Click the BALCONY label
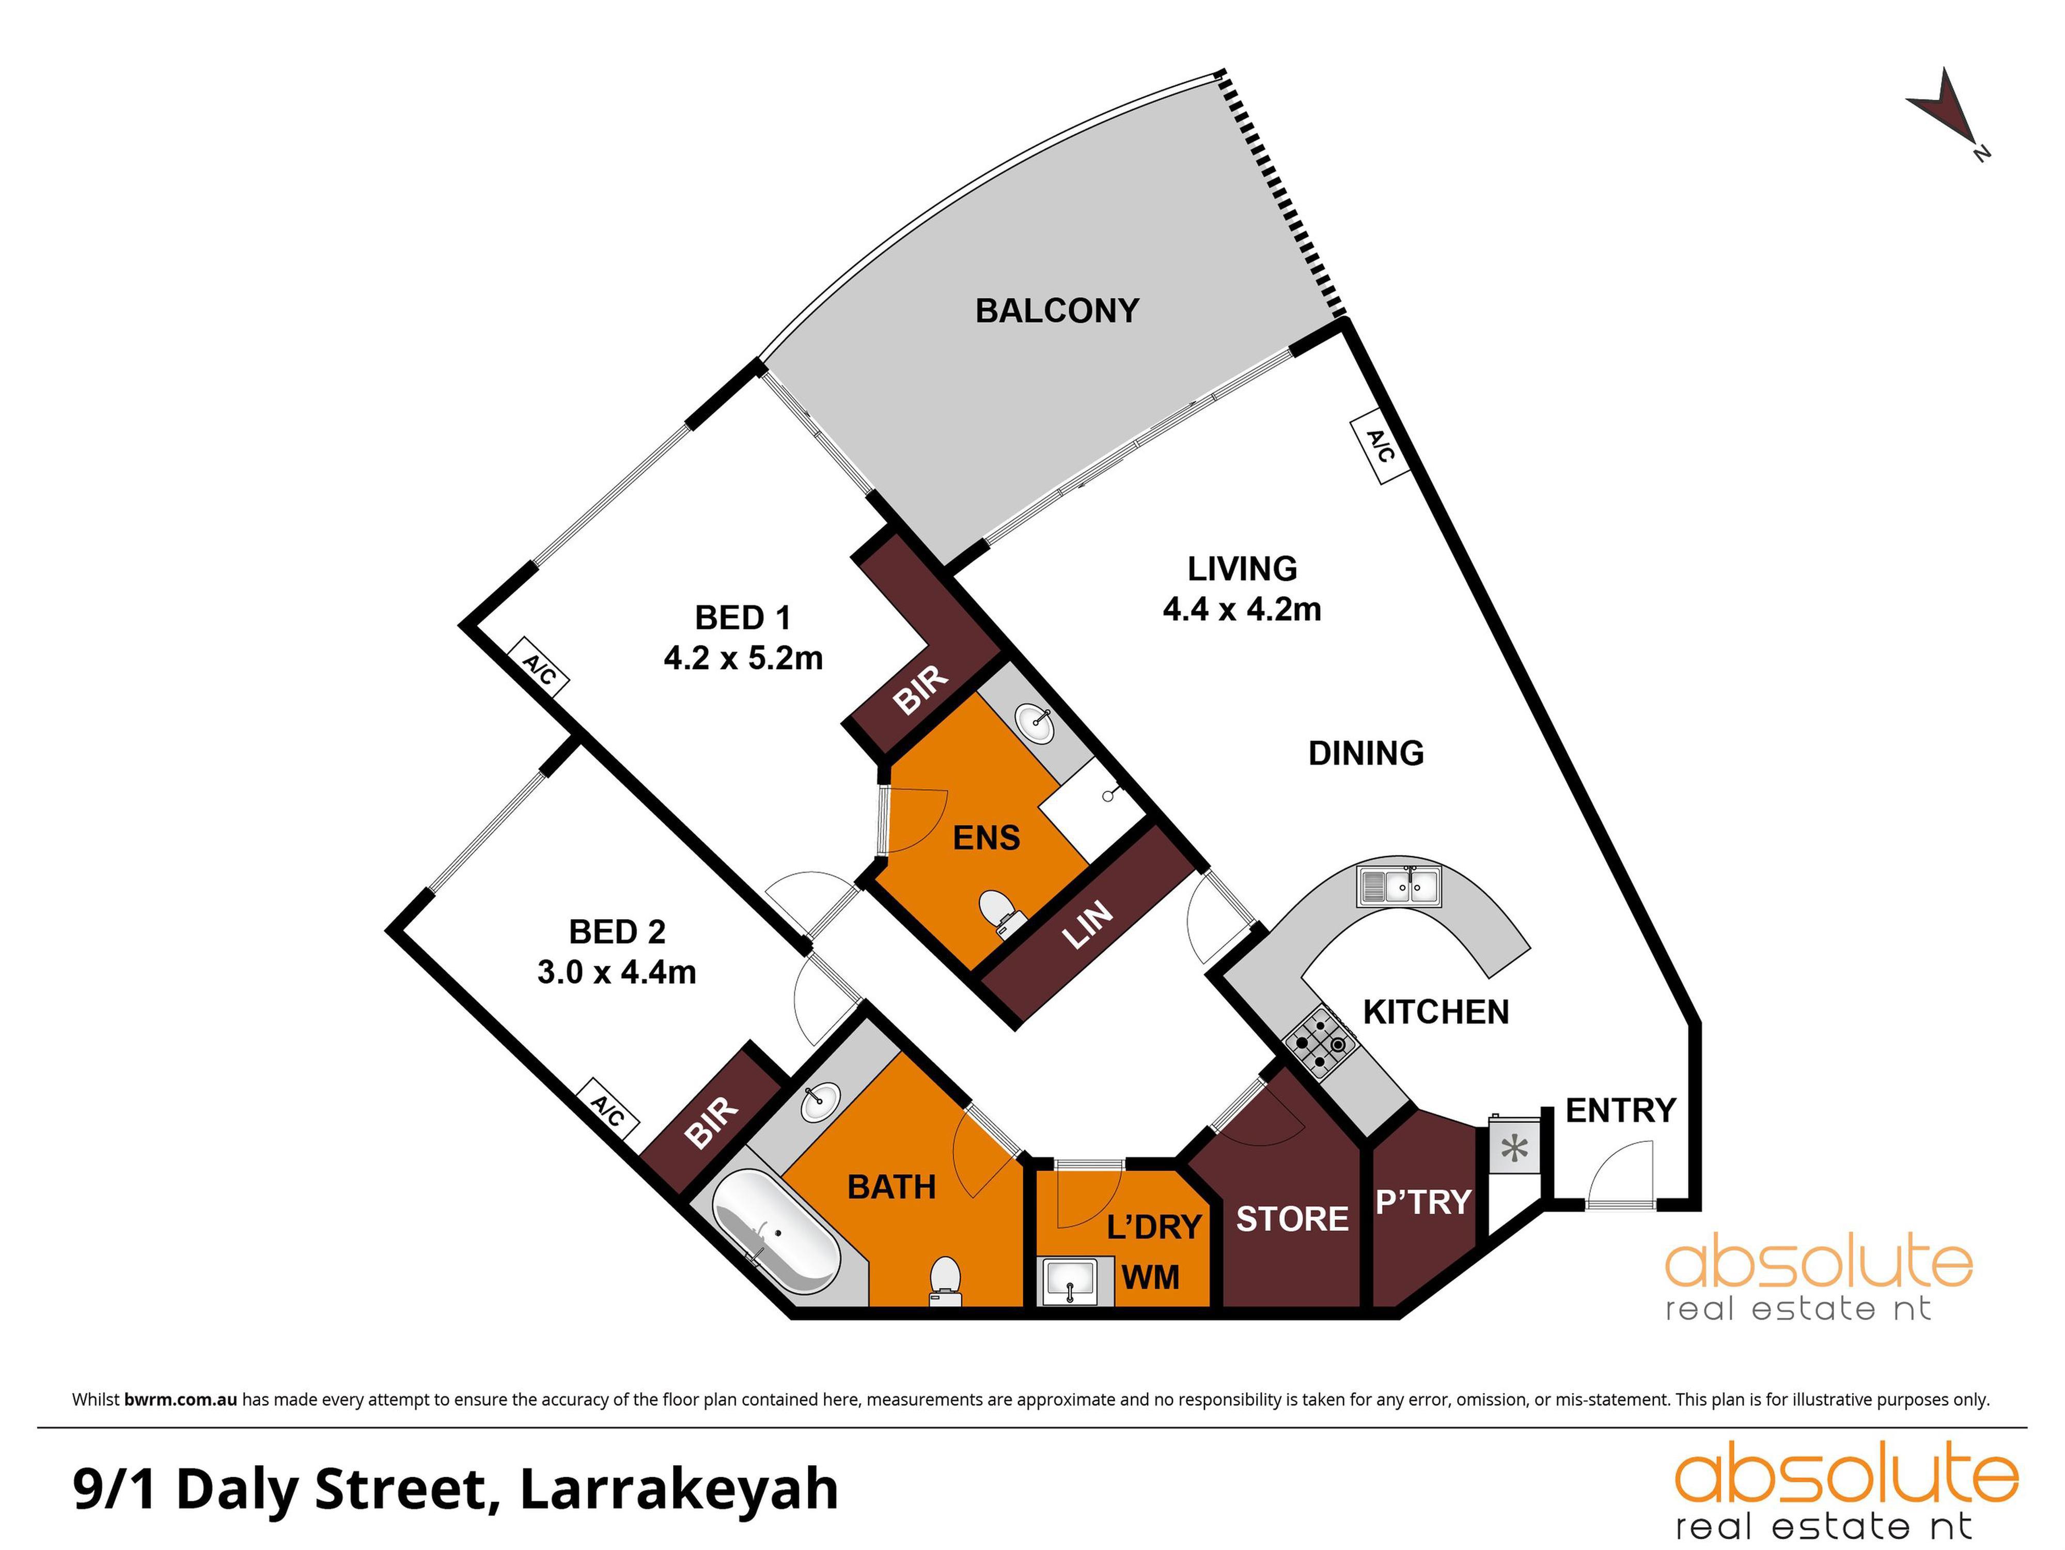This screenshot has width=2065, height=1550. click(1057, 311)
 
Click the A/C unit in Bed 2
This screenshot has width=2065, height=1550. click(608, 1111)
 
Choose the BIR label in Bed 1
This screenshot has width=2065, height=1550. click(920, 690)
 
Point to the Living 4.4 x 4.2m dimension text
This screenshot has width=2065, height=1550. click(1242, 610)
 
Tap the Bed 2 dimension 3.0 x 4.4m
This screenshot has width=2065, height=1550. click(616, 972)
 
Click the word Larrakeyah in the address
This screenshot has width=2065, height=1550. click(679, 1490)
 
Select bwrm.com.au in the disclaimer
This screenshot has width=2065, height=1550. click(180, 1400)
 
